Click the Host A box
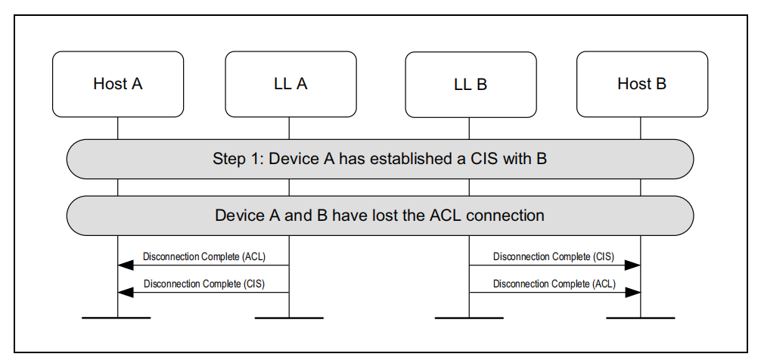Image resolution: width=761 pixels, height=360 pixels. (117, 84)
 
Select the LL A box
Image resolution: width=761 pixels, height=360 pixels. (290, 84)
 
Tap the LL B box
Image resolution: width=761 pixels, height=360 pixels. (470, 84)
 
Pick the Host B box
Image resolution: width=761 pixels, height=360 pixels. (641, 84)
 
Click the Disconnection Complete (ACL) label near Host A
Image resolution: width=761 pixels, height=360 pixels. (204, 256)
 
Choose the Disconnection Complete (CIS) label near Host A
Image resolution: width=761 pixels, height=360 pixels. (204, 284)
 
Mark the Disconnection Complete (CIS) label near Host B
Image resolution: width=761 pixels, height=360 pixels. (554, 256)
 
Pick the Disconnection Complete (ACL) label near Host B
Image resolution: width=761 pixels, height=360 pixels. (554, 284)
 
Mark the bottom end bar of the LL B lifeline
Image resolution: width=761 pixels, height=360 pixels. (470, 318)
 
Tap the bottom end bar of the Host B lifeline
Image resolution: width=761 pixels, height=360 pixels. (641, 318)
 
